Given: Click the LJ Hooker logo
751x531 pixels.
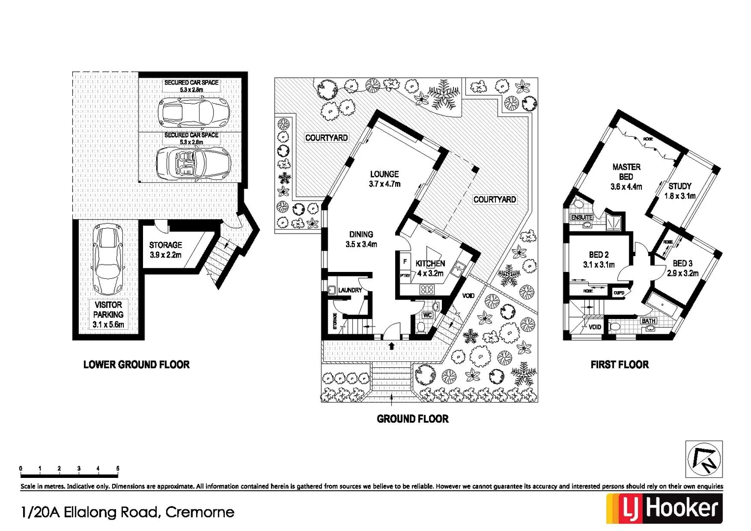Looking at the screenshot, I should point(664,508).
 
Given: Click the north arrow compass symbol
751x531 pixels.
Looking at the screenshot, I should point(704,459).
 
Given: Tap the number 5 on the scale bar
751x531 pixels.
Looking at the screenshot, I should point(117,469).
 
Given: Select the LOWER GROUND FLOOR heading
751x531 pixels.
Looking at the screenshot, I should point(136,365).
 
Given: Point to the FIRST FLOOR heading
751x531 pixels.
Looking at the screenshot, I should point(619,365).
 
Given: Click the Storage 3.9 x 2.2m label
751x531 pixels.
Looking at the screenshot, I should point(166,250).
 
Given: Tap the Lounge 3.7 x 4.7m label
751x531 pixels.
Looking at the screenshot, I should point(384,179).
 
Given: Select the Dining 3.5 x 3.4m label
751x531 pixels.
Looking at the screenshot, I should point(361,239).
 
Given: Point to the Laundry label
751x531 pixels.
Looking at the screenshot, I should point(350,290).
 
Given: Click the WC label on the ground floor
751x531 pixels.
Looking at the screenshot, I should point(427,315).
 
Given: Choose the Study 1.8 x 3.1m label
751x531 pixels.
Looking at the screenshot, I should point(680,191).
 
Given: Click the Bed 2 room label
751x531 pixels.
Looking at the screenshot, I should point(599,259).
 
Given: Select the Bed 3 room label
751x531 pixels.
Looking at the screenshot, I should point(683,268).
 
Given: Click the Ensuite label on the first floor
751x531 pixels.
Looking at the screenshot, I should point(581,217).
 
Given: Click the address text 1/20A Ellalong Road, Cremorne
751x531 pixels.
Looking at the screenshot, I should point(128,512).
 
